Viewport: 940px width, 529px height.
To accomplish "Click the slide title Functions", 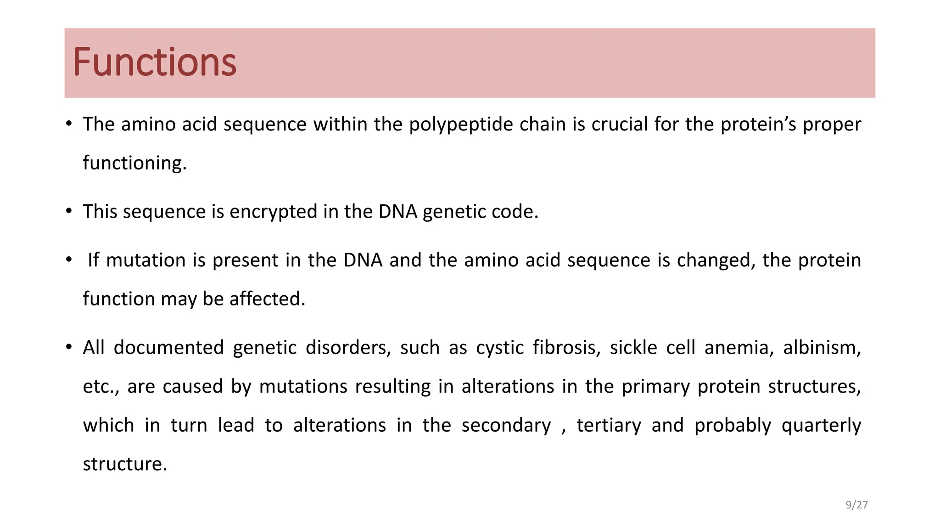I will (154, 62).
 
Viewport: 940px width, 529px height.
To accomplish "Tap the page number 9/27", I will (856, 505).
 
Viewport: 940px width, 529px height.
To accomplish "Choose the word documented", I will (168, 348).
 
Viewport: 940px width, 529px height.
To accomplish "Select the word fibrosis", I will (566, 348).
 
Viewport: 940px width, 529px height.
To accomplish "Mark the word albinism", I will (822, 348).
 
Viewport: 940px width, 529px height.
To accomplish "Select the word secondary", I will (506, 426).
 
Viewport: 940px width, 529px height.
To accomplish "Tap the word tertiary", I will (609, 426).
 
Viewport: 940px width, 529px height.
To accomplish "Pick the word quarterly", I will (821, 426).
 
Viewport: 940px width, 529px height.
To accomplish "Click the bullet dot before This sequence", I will (69, 211).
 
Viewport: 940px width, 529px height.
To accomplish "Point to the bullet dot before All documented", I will (69, 347).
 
